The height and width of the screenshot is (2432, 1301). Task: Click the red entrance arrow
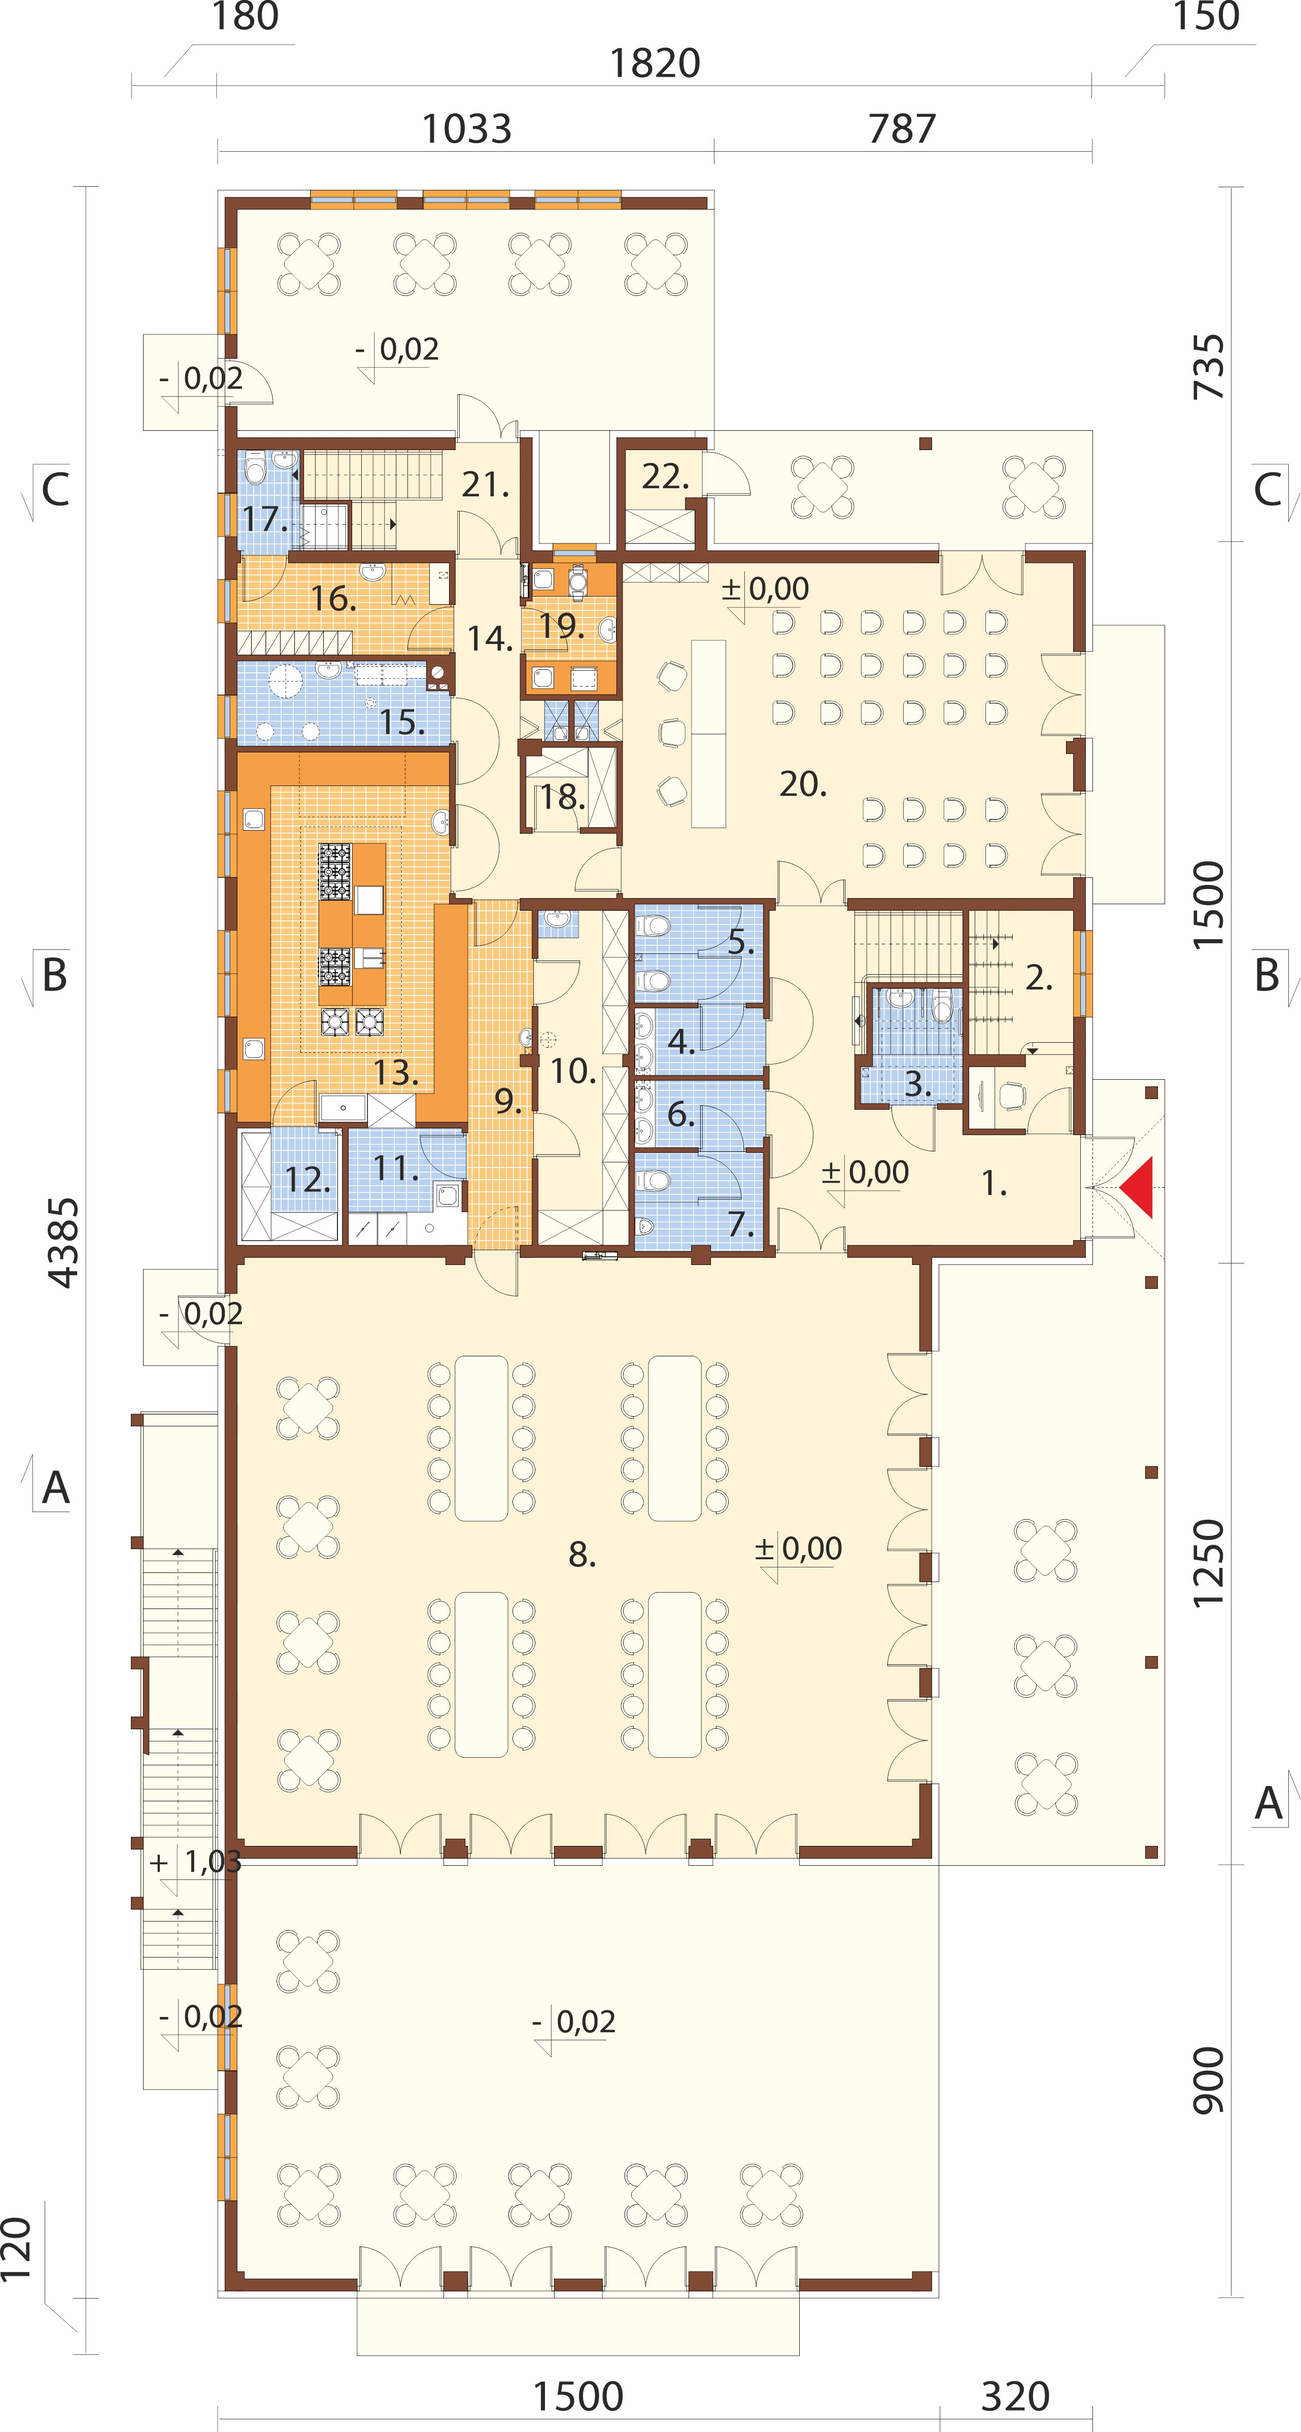(1139, 1187)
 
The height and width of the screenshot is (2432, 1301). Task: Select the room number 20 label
(803, 783)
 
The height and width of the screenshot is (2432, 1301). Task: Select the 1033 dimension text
(466, 128)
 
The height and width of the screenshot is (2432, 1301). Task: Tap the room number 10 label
(573, 1071)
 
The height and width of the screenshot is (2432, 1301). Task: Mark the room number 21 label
(485, 485)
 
